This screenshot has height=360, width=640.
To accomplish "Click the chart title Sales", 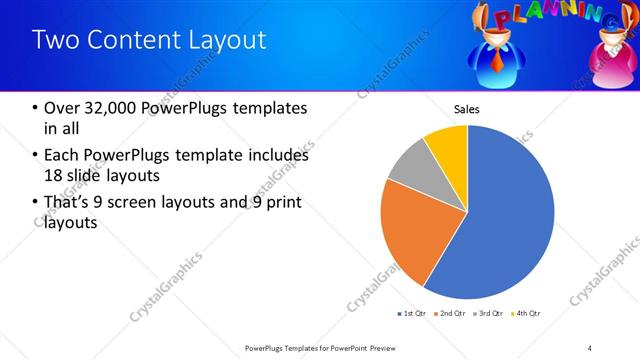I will pos(467,108).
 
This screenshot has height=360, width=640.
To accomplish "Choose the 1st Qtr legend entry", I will pos(414,314).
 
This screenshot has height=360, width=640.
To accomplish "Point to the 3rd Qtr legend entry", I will pos(491,314).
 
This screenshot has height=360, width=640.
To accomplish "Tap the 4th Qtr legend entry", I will pos(529,314).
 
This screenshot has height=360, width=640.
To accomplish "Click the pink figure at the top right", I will pos(613,55).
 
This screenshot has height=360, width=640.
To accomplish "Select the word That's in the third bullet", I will pos(60,204).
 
